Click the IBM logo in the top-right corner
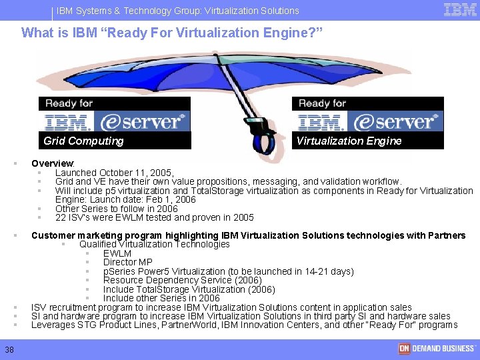(x=460, y=10)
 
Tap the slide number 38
(x=9, y=349)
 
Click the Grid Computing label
(x=83, y=141)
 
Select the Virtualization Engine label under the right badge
(x=349, y=141)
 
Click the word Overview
(x=52, y=163)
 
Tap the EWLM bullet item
(x=117, y=253)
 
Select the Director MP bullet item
(x=127, y=263)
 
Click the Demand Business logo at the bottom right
(x=437, y=349)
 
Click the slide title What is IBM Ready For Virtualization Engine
(x=172, y=32)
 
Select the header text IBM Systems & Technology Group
(x=124, y=11)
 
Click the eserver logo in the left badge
(x=141, y=121)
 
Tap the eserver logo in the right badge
(x=394, y=121)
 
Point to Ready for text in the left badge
(x=69, y=103)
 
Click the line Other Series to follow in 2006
(x=117, y=209)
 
